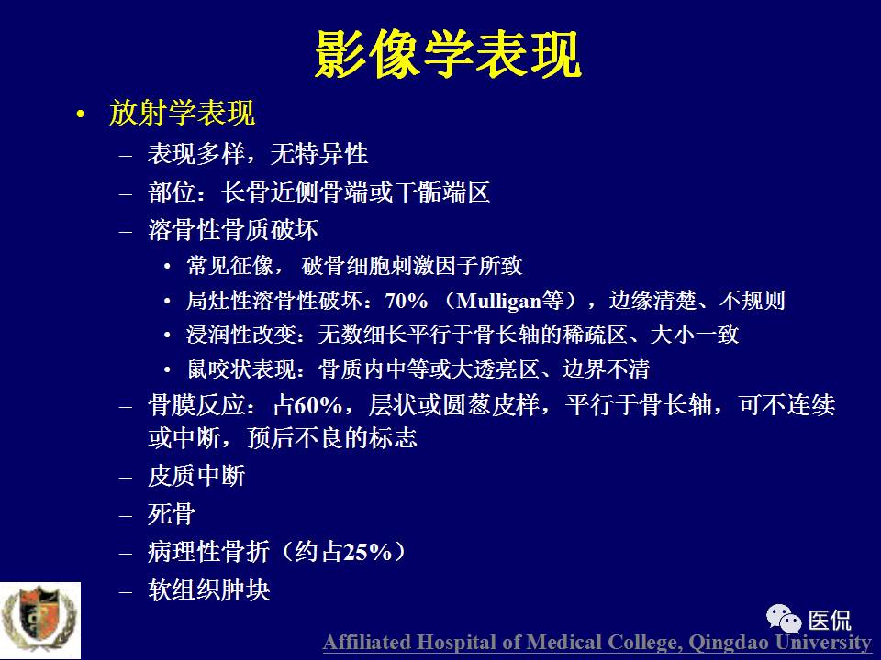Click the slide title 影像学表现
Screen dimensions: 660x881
pos(447,57)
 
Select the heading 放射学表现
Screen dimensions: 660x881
pos(182,113)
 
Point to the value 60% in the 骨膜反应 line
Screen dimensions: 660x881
pos(317,405)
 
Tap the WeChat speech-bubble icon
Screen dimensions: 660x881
pos(785,619)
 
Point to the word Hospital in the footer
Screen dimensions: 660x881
pos(452,643)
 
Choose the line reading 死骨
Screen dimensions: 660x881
pos(172,514)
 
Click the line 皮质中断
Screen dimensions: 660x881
pos(196,477)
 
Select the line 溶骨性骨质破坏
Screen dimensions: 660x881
pos(233,229)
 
